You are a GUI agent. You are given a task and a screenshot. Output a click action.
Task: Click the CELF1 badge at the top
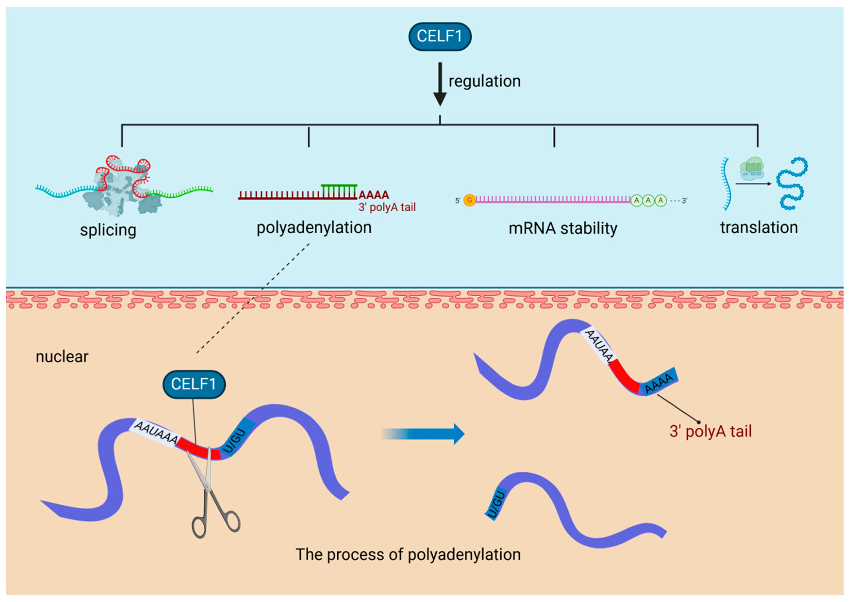439,36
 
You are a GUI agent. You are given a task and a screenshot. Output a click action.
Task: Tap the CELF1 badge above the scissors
194,384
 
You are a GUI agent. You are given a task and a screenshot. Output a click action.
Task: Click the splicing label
108,230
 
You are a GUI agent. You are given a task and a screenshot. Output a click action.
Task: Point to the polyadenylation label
314,228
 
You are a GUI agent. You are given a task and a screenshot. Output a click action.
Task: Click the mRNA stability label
562,228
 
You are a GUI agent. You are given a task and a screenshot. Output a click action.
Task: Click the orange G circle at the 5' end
469,200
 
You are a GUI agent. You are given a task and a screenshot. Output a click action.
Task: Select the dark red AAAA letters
373,195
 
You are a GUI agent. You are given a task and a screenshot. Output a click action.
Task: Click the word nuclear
62,357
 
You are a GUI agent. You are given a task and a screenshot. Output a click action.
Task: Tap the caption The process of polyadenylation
408,554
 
